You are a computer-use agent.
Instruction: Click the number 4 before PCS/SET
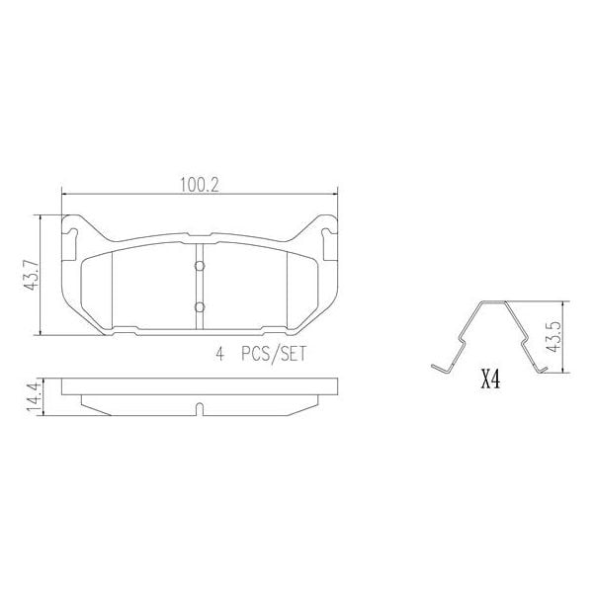(x=218, y=355)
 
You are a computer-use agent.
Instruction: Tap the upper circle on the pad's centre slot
(x=199, y=265)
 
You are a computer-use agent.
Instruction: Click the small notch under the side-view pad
(x=199, y=407)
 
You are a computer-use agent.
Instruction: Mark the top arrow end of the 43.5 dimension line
(x=564, y=301)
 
